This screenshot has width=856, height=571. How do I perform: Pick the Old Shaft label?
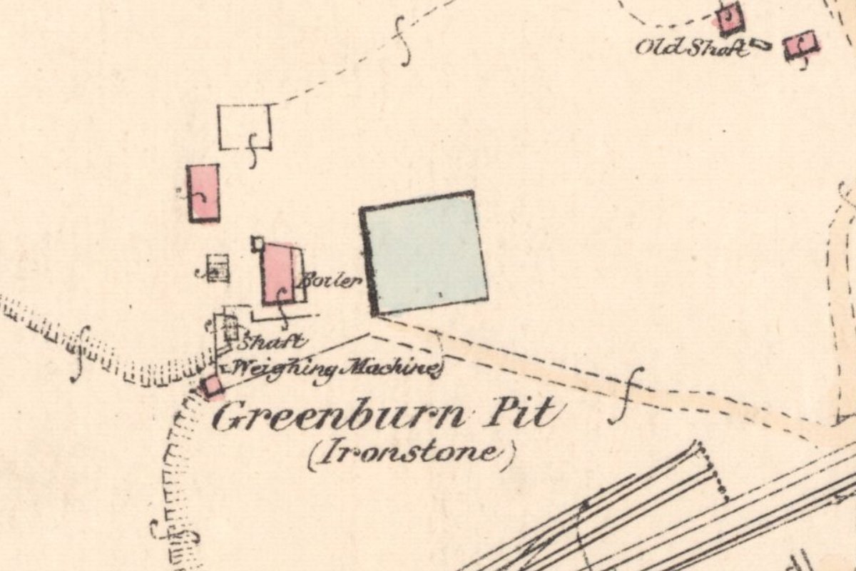coord(692,49)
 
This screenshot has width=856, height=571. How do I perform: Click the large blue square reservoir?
coord(425,253)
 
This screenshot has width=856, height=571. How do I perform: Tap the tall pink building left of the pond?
coord(203,193)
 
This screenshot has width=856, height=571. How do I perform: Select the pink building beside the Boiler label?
coord(280,273)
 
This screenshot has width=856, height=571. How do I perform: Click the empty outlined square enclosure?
coord(244,126)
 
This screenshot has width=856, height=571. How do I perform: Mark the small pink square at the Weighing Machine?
coord(211,386)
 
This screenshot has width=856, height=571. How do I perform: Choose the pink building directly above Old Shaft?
coord(730,18)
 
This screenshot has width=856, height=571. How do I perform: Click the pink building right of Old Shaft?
coord(800,46)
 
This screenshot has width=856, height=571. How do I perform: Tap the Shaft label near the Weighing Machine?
coord(274,341)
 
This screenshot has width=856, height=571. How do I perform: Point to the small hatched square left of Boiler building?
coord(218,268)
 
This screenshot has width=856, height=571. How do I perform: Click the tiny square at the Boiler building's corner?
coord(258,243)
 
